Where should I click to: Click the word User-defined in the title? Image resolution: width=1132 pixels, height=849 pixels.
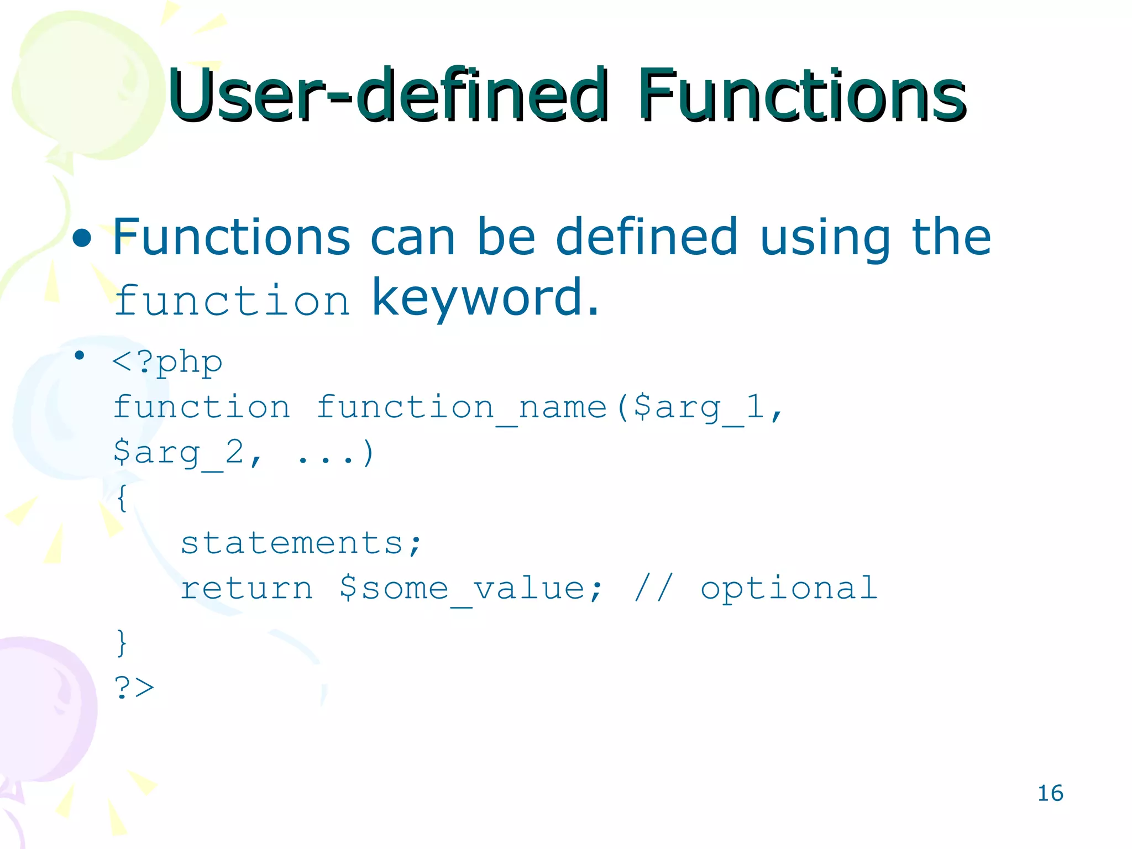coord(387,95)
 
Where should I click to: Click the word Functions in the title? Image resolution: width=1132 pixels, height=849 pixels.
coord(801,95)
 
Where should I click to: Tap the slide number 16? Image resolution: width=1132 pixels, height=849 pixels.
coord(1050,793)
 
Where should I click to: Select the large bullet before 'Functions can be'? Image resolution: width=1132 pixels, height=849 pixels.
coord(82,239)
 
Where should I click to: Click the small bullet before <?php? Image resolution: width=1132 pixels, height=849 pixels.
coord(80,355)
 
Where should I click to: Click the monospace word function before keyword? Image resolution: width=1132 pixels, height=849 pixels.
coord(232,301)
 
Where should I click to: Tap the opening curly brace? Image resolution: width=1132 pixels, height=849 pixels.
coord(122,498)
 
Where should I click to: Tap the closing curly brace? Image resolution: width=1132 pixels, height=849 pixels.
coord(122,643)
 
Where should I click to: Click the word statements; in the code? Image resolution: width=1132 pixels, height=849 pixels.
coord(301,543)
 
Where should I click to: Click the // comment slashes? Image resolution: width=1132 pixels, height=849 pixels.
coord(653,588)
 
